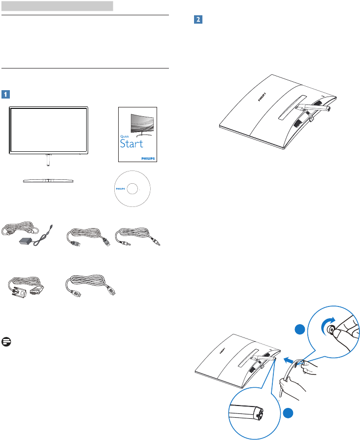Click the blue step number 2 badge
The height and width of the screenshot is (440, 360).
click(x=198, y=20)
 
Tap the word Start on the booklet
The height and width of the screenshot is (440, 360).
click(x=131, y=144)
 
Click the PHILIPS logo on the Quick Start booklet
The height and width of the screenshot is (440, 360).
click(x=147, y=159)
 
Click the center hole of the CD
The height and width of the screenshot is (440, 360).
click(x=132, y=188)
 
